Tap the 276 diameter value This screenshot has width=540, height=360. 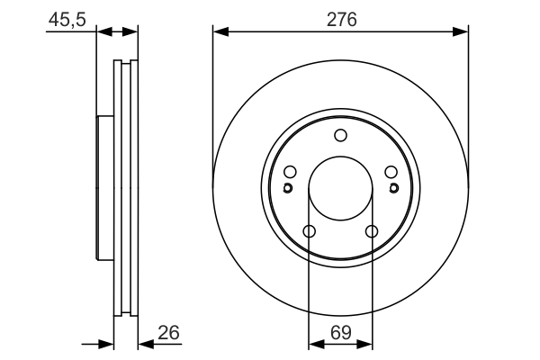(x=341, y=19)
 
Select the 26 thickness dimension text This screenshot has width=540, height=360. (x=168, y=332)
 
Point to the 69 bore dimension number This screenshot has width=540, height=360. (x=341, y=332)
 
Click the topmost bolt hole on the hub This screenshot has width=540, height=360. (x=340, y=136)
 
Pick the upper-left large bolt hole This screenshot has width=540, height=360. (x=290, y=173)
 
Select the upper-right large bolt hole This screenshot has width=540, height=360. (x=391, y=173)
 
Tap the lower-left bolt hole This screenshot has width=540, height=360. (x=309, y=232)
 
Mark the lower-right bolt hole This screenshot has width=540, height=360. (x=372, y=232)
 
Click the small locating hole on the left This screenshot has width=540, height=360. (x=287, y=188)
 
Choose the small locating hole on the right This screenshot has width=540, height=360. (x=393, y=188)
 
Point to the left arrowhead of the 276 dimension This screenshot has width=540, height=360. (x=219, y=32)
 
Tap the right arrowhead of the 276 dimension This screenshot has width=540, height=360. (x=463, y=32)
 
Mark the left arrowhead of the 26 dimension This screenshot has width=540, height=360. (x=108, y=344)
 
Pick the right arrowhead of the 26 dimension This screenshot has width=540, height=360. (x=144, y=344)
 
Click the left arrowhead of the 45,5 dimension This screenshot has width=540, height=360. (x=102, y=32)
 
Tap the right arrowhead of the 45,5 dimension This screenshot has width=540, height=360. (x=132, y=32)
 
